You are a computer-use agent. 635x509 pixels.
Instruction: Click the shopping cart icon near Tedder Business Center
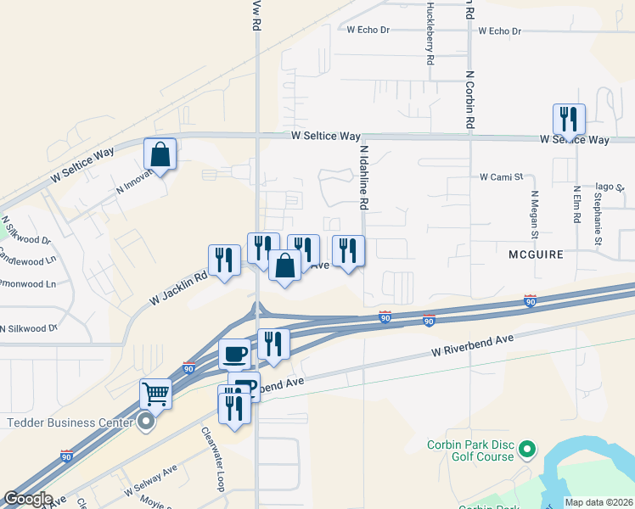click(x=156, y=393)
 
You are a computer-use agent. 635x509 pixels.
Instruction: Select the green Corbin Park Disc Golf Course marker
click(x=527, y=447)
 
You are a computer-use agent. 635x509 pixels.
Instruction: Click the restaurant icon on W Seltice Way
click(x=569, y=120)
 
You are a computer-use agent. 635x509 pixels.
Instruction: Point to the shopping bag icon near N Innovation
click(x=160, y=154)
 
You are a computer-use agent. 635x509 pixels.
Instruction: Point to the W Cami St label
click(x=502, y=177)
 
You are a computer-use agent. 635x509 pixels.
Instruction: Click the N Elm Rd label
click(x=576, y=205)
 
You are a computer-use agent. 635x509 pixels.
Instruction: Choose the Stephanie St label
click(x=598, y=220)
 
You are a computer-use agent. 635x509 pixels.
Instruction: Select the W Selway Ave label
click(x=150, y=480)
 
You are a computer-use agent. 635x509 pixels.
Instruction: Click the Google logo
click(x=28, y=499)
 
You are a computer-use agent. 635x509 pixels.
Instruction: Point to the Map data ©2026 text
click(x=598, y=502)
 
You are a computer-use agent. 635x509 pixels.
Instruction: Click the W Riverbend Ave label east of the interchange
click(x=473, y=344)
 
